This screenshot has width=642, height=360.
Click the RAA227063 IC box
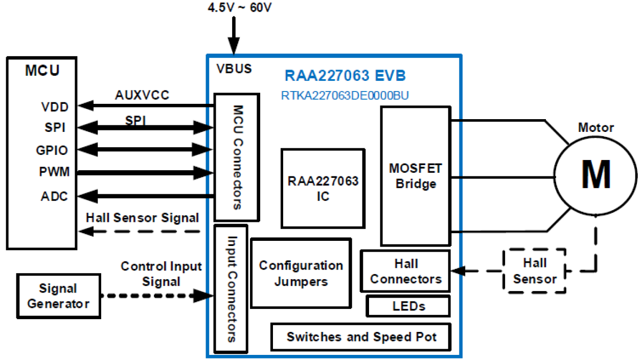(x=323, y=188)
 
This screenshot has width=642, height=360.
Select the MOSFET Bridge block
(x=415, y=176)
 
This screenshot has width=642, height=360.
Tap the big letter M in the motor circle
(x=595, y=175)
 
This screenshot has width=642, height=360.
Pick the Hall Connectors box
(x=405, y=271)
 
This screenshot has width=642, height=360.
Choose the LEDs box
(x=408, y=306)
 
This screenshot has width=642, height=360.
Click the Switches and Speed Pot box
(x=361, y=337)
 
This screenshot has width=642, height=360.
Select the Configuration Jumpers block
(x=301, y=273)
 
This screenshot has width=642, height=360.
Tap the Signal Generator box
(x=58, y=296)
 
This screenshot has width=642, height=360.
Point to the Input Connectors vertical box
(x=231, y=289)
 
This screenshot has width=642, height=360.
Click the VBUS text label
(x=234, y=69)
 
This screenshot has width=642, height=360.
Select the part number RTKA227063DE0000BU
(x=345, y=96)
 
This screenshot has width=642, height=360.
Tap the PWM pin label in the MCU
(x=55, y=172)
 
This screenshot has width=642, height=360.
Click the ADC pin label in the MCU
(x=55, y=196)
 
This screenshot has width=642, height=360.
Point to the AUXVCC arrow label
(x=142, y=95)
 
